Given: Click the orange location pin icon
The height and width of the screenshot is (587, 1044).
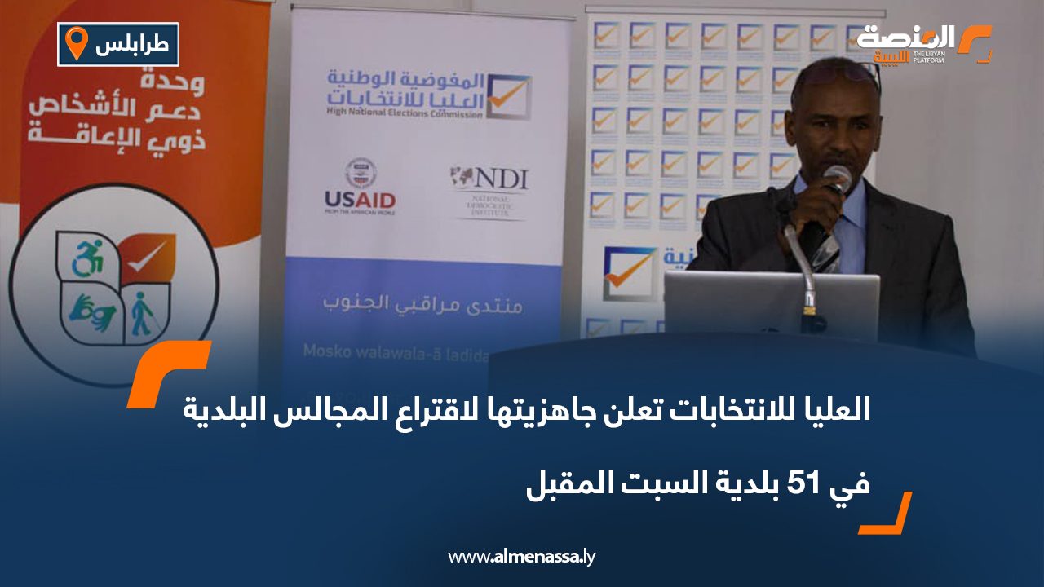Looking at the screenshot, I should coord(76,43).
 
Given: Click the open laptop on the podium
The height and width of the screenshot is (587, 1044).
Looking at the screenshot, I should coord(771,306).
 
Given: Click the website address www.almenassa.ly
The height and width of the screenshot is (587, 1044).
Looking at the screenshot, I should coord(522,557).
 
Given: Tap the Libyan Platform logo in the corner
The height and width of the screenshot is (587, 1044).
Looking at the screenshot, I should coord(922,44).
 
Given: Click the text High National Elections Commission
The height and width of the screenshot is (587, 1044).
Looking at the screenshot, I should coord(404,111).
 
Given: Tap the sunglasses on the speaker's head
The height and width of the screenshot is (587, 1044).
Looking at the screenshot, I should coord(837,73).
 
